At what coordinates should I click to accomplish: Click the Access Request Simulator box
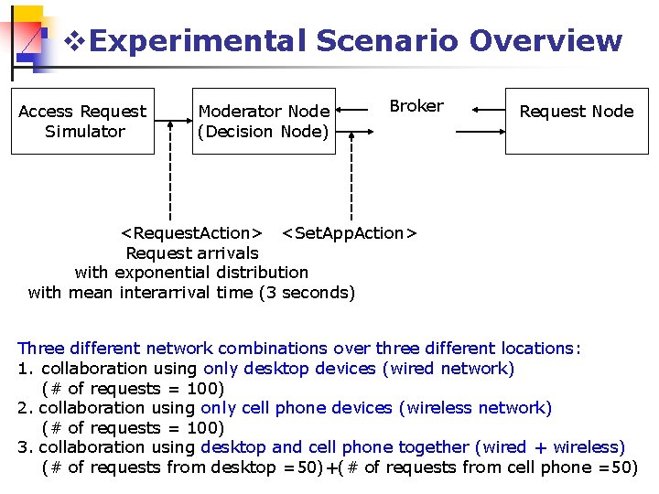click(82, 121)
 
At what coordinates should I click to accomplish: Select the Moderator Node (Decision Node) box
click(264, 121)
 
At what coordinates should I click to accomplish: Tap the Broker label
click(416, 106)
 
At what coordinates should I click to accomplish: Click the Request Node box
click(576, 121)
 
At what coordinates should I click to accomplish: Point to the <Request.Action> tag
click(193, 233)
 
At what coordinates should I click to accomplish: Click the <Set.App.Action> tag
click(349, 233)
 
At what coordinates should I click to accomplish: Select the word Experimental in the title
click(199, 41)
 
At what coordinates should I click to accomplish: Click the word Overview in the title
click(546, 41)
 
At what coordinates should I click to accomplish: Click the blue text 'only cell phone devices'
click(297, 408)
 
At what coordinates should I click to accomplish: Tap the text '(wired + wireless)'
click(549, 447)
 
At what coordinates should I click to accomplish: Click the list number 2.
click(24, 408)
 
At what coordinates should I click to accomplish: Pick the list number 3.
click(24, 447)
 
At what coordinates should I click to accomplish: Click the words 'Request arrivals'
click(192, 253)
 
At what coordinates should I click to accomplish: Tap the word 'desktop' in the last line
click(243, 467)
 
